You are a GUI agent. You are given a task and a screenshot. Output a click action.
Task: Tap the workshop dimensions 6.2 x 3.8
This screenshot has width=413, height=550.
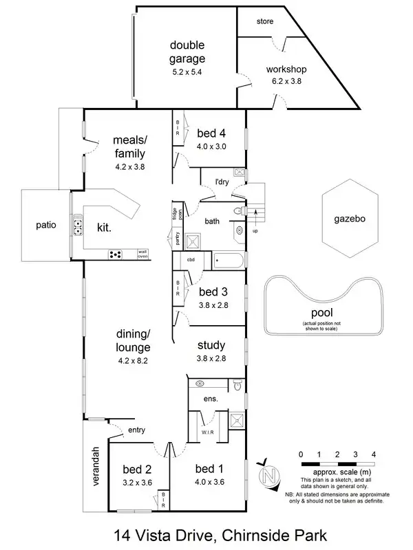click(286, 81)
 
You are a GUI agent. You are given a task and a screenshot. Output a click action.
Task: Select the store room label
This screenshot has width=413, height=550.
click(265, 22)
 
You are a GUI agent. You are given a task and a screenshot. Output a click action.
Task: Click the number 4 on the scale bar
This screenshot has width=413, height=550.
click(373, 454)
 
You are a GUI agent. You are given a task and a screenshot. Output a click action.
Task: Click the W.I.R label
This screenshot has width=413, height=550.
click(209, 432)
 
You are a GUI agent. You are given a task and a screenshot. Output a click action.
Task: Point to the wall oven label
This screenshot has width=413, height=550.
click(142, 254)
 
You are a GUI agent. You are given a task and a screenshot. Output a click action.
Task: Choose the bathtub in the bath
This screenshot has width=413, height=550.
click(227, 261)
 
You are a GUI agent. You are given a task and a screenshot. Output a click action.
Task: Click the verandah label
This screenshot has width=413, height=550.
click(96, 467)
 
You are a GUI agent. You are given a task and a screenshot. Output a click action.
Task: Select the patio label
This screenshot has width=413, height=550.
click(47, 224)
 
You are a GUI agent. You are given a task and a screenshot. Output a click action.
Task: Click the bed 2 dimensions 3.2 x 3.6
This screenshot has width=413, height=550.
click(137, 482)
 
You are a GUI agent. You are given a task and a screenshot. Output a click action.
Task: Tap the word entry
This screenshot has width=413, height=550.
click(136, 430)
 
